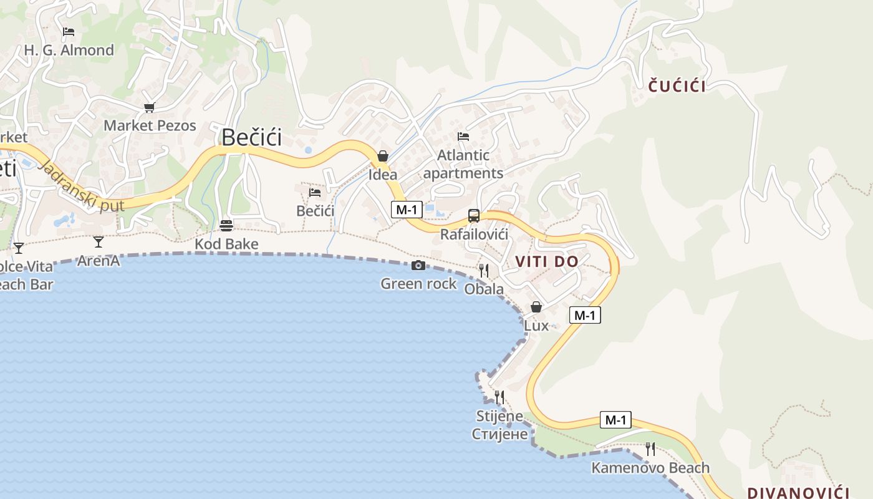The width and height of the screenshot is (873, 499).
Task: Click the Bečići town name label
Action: click(x=251, y=137)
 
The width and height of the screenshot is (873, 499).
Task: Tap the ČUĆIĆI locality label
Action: click(x=677, y=86)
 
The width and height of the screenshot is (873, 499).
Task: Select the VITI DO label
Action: click(x=547, y=262)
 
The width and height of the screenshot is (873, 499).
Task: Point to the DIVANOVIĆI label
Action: click(x=799, y=493)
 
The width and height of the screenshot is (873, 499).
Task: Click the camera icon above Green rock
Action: click(x=418, y=266)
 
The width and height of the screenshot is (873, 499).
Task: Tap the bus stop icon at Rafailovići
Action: click(x=474, y=216)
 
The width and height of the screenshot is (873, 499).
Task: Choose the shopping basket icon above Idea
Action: click(x=383, y=156)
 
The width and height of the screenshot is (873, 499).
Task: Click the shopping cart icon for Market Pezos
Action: click(x=149, y=108)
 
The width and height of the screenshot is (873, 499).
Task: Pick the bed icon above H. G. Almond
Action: click(x=69, y=32)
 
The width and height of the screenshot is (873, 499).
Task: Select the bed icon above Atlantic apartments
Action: click(x=463, y=136)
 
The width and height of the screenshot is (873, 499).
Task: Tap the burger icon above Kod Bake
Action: click(x=226, y=225)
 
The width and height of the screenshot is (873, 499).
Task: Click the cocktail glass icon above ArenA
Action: click(x=98, y=241)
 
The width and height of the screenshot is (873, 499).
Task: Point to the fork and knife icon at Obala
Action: click(x=483, y=270)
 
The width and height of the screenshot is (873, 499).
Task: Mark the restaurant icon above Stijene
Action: click(x=499, y=397)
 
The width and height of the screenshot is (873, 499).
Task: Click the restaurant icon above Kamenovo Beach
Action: click(x=650, y=448)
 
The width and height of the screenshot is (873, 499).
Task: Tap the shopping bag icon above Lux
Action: click(x=536, y=307)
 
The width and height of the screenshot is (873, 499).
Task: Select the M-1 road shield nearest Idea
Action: click(x=407, y=210)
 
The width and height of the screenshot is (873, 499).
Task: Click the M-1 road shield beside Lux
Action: click(x=585, y=315)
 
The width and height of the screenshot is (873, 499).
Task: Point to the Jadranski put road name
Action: click(x=81, y=185)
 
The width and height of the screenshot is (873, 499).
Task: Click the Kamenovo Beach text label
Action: click(x=650, y=468)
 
